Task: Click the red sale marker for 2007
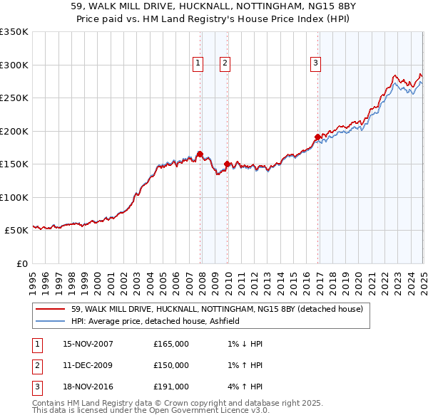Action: point(200,154)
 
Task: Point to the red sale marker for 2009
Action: point(228,164)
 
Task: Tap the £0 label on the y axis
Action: point(21,263)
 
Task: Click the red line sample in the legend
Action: point(50,310)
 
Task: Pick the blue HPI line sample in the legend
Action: point(50,321)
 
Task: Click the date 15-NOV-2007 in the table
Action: point(88,344)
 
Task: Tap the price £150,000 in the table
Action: point(171,365)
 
